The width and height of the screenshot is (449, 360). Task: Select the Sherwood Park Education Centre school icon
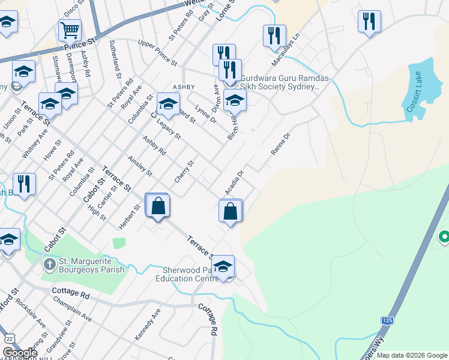223,266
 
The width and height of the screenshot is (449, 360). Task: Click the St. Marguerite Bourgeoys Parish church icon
50,263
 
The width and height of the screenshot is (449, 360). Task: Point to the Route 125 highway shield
387,321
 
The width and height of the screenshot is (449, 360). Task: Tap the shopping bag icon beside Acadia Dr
231,211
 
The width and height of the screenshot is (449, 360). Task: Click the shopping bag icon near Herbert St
158,205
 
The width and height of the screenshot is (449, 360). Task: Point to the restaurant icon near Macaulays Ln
274,35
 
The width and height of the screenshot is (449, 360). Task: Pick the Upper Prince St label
157,53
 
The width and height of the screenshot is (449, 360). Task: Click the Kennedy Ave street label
148,325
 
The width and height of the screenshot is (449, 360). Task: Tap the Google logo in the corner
20,353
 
